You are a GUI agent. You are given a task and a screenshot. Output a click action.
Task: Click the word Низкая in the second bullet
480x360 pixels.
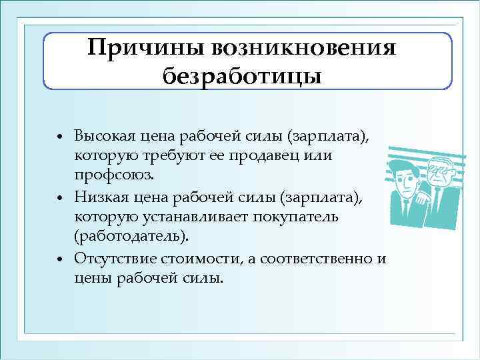pyautogui.click(x=99, y=196)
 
